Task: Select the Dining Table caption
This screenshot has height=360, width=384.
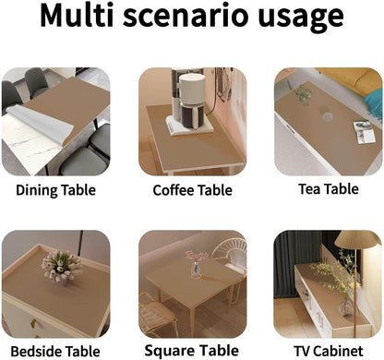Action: (x=55, y=192)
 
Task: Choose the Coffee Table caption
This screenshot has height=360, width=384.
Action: (x=193, y=192)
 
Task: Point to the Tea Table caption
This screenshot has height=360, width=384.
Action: (x=328, y=189)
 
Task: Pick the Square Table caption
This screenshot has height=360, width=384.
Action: (x=193, y=351)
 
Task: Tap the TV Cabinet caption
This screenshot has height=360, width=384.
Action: (x=328, y=351)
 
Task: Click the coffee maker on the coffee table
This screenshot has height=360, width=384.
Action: (x=191, y=102)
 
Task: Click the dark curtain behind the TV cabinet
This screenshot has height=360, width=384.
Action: (x=294, y=258)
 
